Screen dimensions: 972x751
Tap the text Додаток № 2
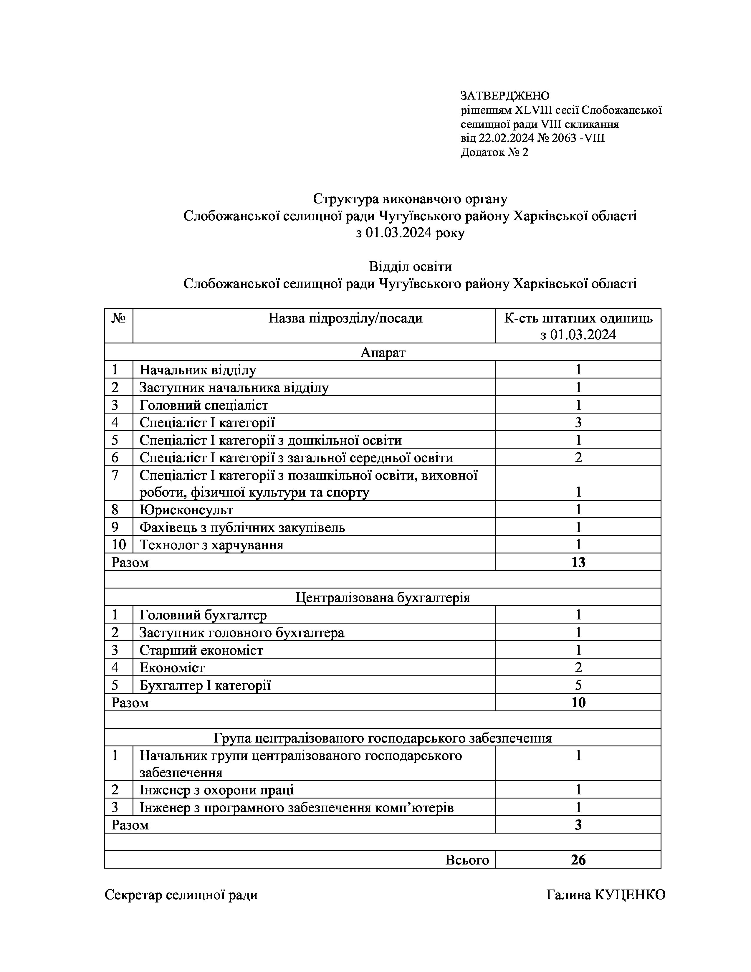click(494, 152)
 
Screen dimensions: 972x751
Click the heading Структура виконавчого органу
click(410, 199)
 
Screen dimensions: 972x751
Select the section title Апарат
click(383, 353)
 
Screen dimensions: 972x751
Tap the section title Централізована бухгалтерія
click(383, 597)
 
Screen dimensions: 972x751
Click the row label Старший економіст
click(201, 650)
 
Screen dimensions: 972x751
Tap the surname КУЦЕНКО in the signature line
click(630, 895)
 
